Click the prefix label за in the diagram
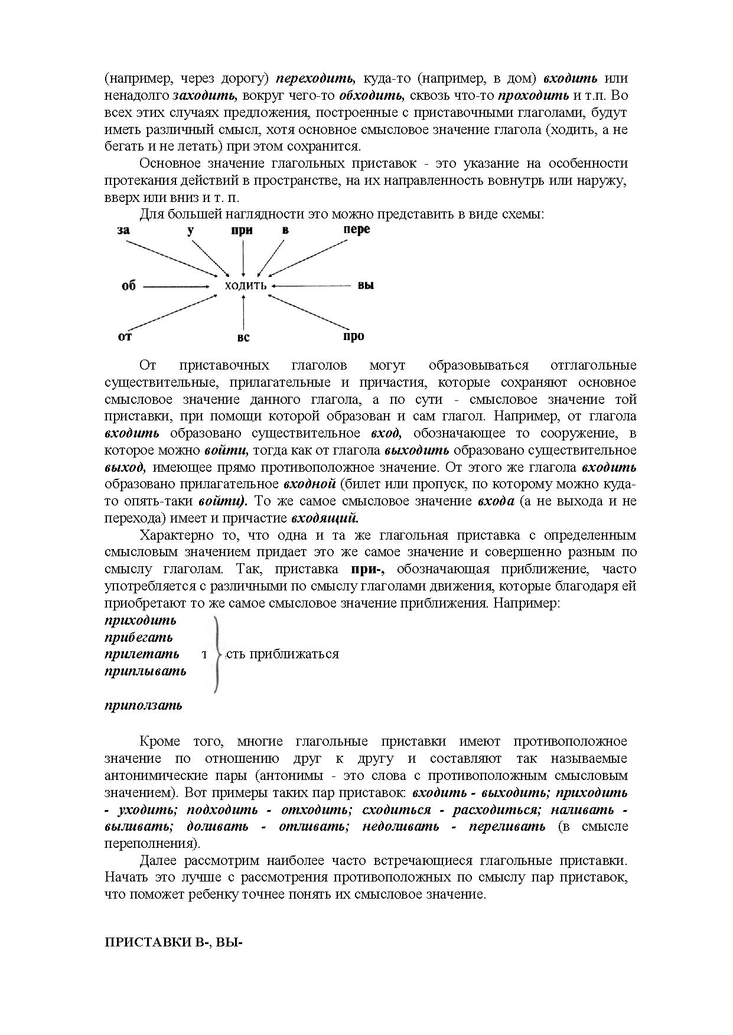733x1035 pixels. pos(123,230)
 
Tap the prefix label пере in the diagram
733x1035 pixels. pos(356,229)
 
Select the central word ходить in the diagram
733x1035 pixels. pos(246,286)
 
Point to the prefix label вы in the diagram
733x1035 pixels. pos(366,286)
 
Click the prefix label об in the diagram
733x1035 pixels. pos(128,286)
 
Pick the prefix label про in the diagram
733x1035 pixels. pos(353,336)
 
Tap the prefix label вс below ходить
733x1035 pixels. pos(243,338)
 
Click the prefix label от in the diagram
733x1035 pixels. pos(125,337)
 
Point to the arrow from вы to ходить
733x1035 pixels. pos(313,286)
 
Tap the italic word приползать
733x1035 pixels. pos(144,705)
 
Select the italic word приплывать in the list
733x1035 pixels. pos(145,671)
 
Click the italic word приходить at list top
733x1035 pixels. pos(141,620)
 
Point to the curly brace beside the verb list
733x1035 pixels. pos(217,654)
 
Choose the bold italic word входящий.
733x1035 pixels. pos(325,518)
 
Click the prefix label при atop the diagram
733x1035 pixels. pos(242,230)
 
